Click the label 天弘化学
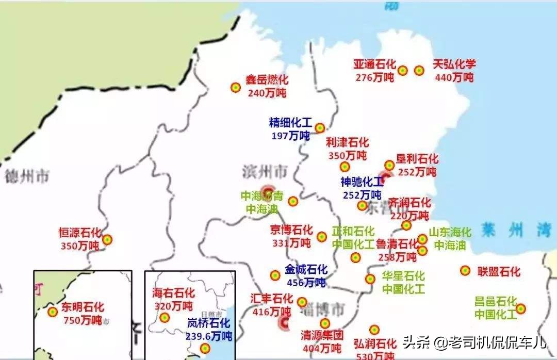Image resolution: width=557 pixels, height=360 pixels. point(454,64)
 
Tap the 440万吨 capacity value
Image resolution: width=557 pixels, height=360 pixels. point(454,77)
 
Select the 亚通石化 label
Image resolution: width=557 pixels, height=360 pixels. point(375,64)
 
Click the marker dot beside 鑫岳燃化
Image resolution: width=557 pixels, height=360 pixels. point(235,88)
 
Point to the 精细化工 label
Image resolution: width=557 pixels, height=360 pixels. point(290,123)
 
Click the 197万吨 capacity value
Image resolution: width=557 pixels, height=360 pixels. point(290,136)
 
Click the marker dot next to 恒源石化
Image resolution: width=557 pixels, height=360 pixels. point(107,239)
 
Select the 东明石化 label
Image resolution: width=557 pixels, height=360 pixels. point(83,307)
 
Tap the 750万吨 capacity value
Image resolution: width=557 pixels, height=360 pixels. point(83,320)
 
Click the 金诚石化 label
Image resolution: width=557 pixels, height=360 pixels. point(306,269)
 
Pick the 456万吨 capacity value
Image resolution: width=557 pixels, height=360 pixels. point(306,282)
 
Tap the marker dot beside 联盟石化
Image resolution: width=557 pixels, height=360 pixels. point(465,271)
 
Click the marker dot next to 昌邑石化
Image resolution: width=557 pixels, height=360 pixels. point(521,308)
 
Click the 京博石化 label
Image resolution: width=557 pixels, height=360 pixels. point(291,230)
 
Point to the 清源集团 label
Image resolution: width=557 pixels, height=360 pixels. point(322,335)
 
